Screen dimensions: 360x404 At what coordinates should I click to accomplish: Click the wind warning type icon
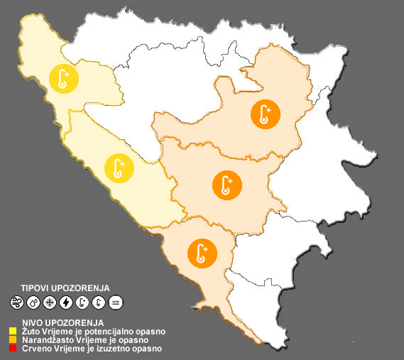(x=17, y=303)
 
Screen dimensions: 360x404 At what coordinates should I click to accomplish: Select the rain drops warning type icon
(x=33, y=303)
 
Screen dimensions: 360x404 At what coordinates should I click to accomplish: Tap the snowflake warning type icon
(x=50, y=303)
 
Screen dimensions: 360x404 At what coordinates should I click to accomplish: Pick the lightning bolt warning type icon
(x=66, y=303)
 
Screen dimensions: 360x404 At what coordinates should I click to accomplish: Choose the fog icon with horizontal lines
(x=116, y=303)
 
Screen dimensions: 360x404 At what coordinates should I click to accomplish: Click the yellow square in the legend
(x=13, y=331)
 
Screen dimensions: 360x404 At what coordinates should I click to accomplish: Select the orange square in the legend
(x=13, y=340)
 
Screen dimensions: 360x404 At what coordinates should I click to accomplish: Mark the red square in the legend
(x=13, y=349)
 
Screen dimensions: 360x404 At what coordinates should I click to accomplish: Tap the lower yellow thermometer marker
(x=118, y=168)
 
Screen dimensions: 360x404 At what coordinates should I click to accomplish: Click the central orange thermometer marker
(x=226, y=185)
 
